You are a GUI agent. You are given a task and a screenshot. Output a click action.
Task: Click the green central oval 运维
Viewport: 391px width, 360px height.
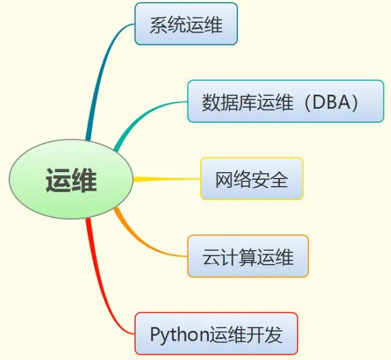point(72,180)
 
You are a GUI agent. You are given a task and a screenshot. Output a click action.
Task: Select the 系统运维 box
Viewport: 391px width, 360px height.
point(186,24)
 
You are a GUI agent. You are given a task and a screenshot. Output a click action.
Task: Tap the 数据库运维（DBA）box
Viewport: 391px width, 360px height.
point(285,102)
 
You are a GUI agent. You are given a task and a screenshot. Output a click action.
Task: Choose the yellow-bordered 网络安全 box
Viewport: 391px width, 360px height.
point(251,179)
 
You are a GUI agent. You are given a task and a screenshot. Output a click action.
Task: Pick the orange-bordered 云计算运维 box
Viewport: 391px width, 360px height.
point(247,256)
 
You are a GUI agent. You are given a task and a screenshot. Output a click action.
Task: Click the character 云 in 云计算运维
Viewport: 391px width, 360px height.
point(211,256)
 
